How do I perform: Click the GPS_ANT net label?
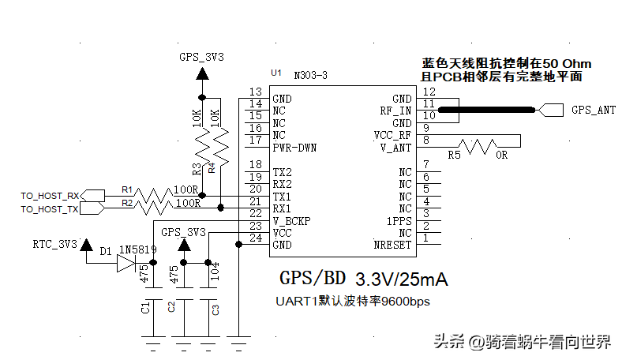coord(593,111)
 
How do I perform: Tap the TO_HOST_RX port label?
coord(50,196)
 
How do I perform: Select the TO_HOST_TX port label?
coord(50,209)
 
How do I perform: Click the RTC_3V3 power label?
coord(54,244)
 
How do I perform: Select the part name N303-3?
coord(310,75)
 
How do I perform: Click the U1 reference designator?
coord(275,73)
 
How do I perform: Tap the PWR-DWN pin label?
coord(294,148)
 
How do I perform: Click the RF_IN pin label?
coord(395,111)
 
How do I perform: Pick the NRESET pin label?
coord(392,246)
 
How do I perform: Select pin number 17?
coord(255,141)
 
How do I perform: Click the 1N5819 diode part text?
coord(138,249)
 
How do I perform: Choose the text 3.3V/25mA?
coord(402,279)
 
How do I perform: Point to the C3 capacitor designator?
coord(215,309)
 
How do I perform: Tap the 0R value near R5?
coord(502,156)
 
